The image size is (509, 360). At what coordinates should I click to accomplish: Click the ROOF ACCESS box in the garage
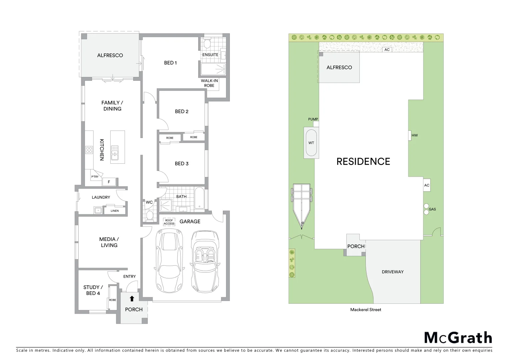169,222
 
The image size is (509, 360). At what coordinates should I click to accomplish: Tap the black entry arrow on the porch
132,299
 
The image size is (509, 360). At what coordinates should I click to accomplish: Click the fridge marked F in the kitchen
109,182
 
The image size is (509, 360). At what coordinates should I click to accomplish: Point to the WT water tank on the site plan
311,143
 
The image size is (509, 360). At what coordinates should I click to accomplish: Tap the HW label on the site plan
414,135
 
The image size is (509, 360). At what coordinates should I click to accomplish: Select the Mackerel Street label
365,310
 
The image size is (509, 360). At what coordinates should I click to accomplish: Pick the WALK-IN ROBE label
209,83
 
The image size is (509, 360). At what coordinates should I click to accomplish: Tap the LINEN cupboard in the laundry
115,211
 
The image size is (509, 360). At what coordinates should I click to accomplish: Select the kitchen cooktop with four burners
89,150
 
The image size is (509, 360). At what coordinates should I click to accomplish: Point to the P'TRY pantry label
95,177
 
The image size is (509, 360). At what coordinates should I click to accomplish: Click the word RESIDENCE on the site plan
363,162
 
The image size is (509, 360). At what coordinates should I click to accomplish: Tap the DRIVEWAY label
392,272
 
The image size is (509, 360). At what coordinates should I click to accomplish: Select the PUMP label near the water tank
313,119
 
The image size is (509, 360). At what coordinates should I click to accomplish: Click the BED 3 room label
182,164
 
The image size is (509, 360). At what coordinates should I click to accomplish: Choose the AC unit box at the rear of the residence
387,50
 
